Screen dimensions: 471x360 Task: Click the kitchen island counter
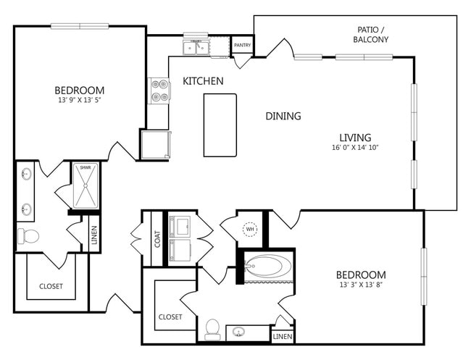[x=220, y=125]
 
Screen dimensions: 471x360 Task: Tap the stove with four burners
[x=159, y=91]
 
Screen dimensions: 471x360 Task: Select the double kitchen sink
[x=196, y=47]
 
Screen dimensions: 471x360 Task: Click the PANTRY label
[x=243, y=45]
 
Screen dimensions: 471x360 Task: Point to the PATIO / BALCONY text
[x=371, y=35]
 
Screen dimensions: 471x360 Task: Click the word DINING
[x=283, y=116]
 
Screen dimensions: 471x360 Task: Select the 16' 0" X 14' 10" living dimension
[x=355, y=148]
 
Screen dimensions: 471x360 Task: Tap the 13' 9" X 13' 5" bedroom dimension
[x=79, y=100]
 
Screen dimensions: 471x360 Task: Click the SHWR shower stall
[x=86, y=185]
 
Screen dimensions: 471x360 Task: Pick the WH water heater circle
[x=250, y=230]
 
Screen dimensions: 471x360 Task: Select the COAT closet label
[x=157, y=239]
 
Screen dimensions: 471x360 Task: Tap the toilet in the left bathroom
[x=28, y=236]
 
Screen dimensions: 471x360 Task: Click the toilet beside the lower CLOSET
[x=212, y=330]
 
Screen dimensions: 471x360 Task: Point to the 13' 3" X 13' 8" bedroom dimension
[x=361, y=285]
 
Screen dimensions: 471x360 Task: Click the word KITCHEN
[x=203, y=81]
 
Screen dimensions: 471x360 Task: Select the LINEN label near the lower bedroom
[x=283, y=337]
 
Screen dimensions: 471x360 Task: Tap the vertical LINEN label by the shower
[x=94, y=235]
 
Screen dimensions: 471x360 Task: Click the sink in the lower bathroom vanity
[x=239, y=332]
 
